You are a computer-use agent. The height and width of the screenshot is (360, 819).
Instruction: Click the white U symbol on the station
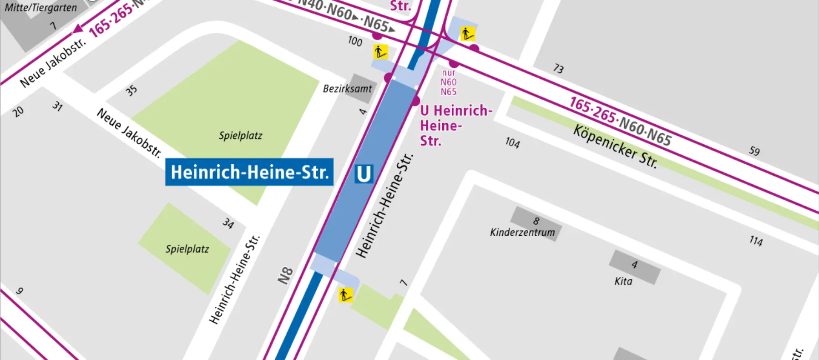tap(364, 174)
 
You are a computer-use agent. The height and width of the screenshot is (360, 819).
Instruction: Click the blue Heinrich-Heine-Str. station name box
tap(249, 172)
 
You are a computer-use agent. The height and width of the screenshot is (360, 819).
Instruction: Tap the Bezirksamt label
tap(347, 89)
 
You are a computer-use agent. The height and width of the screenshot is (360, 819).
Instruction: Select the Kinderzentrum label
tap(522, 233)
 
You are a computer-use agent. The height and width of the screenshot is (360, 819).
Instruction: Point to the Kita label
tap(623, 281)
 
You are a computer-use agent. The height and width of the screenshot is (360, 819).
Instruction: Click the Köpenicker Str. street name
tap(615, 147)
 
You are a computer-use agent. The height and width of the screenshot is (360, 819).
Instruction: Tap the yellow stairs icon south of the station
tap(345, 295)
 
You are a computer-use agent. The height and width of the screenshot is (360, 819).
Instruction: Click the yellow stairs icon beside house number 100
tap(380, 52)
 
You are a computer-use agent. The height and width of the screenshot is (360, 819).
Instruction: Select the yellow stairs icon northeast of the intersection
tap(467, 34)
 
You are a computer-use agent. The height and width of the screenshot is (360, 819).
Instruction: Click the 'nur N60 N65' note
tap(448, 82)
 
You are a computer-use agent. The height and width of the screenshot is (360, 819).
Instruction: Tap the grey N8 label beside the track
tap(285, 275)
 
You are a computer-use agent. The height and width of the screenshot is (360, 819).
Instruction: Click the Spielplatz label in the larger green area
tap(240, 136)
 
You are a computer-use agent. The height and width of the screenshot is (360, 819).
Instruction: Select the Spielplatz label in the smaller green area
tap(187, 249)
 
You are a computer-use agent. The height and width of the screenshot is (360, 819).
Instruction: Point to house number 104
tap(512, 143)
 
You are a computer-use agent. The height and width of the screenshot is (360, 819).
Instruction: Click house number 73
tap(558, 69)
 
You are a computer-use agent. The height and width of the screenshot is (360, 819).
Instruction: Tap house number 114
tap(756, 241)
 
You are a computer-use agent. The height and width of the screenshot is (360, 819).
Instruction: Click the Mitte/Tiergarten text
tap(41, 8)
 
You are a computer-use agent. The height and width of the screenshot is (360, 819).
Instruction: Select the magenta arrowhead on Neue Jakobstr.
tap(78, 29)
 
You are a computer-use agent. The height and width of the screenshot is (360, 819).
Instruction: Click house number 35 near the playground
tap(131, 91)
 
